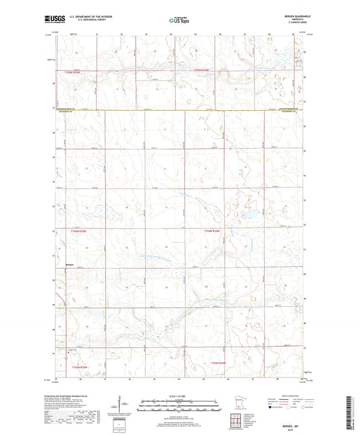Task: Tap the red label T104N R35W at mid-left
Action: [x=80, y=231]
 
